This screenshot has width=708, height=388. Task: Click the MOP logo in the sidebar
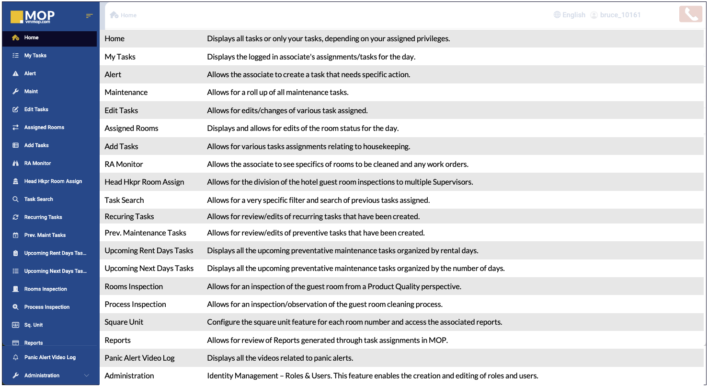33,17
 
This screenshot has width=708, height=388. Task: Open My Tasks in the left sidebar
35,56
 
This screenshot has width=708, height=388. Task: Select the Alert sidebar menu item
30,73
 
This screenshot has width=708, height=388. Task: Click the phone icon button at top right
691,14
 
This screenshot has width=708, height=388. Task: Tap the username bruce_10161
620,15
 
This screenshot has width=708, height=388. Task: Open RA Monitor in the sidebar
37,164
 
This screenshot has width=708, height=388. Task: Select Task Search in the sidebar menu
38,199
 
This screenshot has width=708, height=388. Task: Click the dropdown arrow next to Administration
87,376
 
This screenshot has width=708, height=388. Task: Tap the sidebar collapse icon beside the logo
89,16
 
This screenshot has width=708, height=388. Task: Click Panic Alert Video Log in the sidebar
50,357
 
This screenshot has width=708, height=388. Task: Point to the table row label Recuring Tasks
129,217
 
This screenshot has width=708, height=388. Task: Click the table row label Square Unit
124,322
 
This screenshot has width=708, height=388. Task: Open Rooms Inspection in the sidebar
46,289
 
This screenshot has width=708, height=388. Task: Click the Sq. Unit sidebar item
34,325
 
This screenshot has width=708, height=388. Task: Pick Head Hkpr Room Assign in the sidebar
53,181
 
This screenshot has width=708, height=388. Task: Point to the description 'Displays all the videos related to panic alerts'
280,358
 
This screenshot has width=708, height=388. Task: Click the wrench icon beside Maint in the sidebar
15,92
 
